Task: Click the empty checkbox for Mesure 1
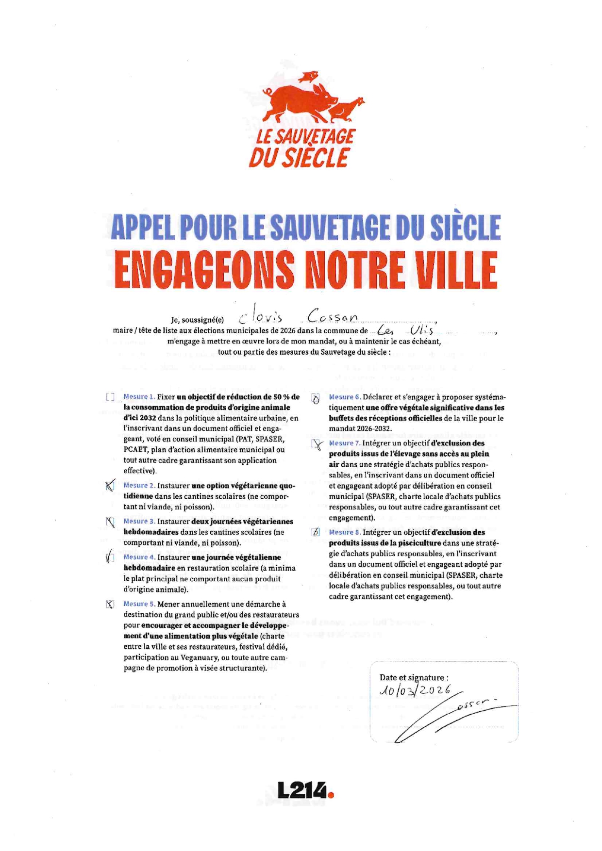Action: click(x=110, y=397)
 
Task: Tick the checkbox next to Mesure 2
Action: click(x=110, y=486)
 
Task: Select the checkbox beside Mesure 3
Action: click(x=110, y=522)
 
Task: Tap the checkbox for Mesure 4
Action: click(x=110, y=557)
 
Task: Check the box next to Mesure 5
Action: click(x=110, y=604)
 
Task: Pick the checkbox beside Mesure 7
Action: click(x=317, y=444)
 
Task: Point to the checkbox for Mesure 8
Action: click(x=316, y=532)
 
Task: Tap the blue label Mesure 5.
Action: click(x=139, y=604)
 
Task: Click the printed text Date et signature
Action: click(x=414, y=677)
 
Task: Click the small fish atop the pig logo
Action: click(x=309, y=77)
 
